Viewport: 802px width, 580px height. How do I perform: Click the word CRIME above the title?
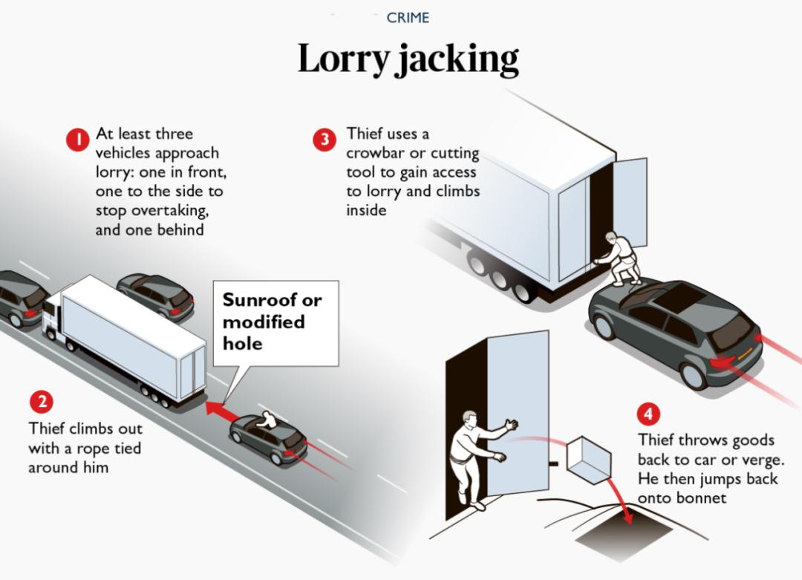pos(408,18)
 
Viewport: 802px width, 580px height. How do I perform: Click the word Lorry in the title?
pos(342,59)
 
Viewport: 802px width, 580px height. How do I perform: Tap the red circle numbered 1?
pos(77,140)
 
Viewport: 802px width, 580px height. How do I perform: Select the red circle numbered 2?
pos(42,402)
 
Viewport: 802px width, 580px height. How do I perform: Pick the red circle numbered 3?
pos(324,140)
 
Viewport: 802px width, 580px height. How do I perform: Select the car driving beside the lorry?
pos(156,295)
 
